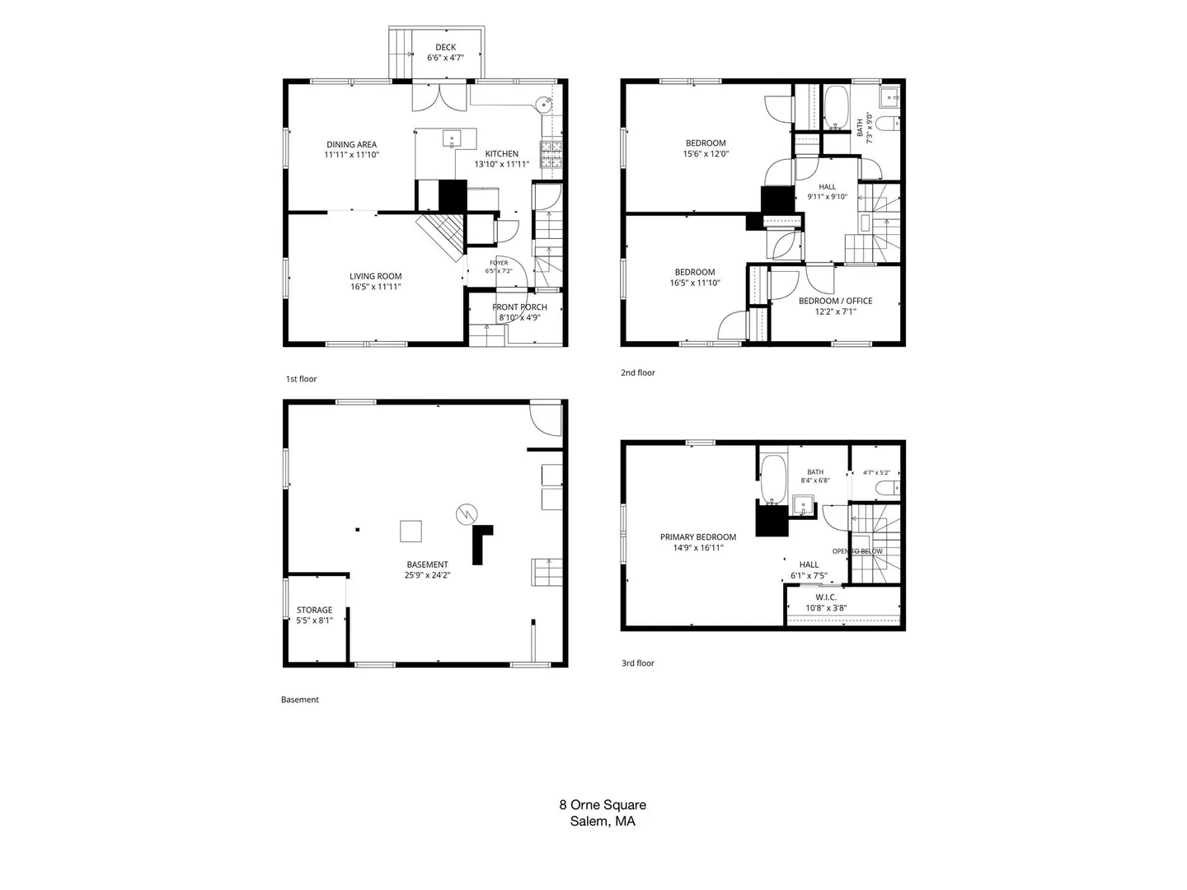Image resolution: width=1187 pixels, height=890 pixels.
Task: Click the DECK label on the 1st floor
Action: (x=446, y=48)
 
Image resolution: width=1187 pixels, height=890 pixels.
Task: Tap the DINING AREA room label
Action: (x=351, y=144)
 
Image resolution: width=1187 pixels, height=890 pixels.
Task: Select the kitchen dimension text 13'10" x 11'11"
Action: (x=501, y=164)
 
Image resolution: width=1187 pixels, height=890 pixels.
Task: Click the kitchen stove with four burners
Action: (x=551, y=153)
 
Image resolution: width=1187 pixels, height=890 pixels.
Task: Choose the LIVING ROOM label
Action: (x=375, y=276)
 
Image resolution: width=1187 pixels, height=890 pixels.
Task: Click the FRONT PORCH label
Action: (x=519, y=307)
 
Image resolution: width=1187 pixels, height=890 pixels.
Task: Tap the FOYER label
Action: (x=499, y=263)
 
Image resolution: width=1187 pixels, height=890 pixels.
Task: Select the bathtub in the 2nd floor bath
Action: (x=836, y=107)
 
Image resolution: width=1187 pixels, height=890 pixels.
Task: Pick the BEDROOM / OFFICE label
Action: (x=836, y=301)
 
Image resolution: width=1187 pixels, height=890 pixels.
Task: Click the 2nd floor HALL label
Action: (x=827, y=187)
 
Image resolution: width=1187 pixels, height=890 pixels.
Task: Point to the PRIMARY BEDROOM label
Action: (x=697, y=537)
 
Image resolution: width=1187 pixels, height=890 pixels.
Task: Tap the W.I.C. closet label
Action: (x=826, y=597)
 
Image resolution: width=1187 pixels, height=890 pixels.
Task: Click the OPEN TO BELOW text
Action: (x=857, y=551)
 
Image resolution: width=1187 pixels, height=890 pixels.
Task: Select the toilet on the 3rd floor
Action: (x=888, y=488)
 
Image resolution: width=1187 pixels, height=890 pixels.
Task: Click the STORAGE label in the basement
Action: (x=314, y=610)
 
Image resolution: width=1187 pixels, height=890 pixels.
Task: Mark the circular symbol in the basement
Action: (x=467, y=514)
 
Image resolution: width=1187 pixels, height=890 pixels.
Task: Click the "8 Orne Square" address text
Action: (x=603, y=804)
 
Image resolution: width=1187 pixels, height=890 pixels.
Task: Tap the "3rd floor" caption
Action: (x=637, y=663)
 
